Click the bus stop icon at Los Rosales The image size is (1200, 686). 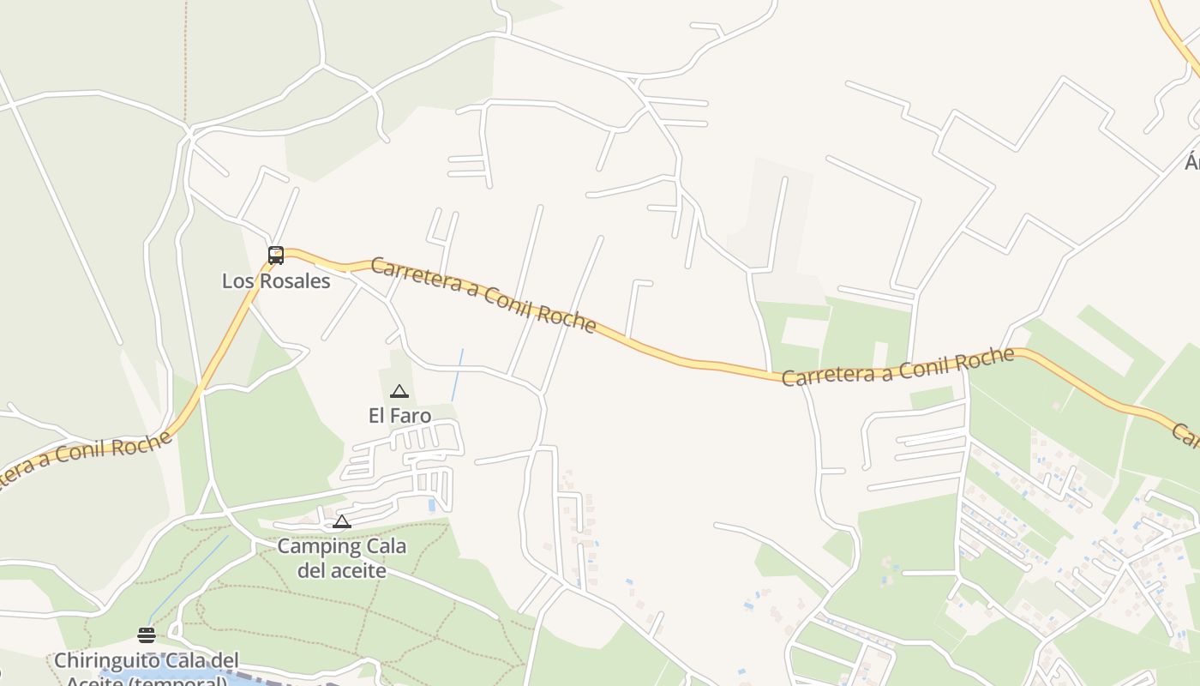coord(275,255)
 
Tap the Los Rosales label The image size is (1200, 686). coord(276,281)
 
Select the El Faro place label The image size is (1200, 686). coord(399,416)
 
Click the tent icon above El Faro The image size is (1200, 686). coord(399,392)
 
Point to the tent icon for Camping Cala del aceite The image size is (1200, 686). coord(342,521)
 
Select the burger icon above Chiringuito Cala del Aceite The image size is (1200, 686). coord(147,635)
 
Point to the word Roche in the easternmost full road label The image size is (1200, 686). coord(986,359)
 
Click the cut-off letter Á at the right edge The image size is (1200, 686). coord(1191,161)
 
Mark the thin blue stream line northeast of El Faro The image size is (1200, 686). coord(458,375)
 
